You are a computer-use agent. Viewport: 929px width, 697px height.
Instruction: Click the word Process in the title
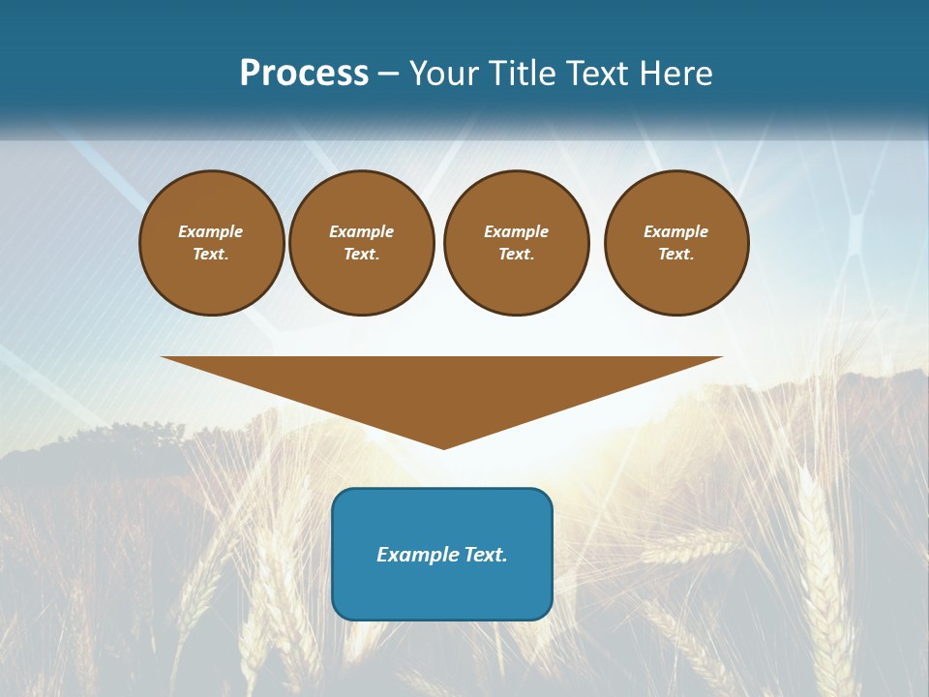coord(304,74)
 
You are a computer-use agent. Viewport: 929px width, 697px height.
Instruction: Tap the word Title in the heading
coord(523,74)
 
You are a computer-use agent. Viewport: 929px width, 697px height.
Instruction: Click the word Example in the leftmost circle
coord(211,231)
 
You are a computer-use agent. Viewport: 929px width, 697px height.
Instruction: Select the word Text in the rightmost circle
coord(675,254)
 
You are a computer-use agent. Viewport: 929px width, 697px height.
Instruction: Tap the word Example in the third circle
coord(517,231)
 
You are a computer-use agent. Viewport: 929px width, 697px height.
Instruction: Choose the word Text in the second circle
coord(361,254)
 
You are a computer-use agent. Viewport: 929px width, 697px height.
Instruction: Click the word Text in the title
coord(594,74)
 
